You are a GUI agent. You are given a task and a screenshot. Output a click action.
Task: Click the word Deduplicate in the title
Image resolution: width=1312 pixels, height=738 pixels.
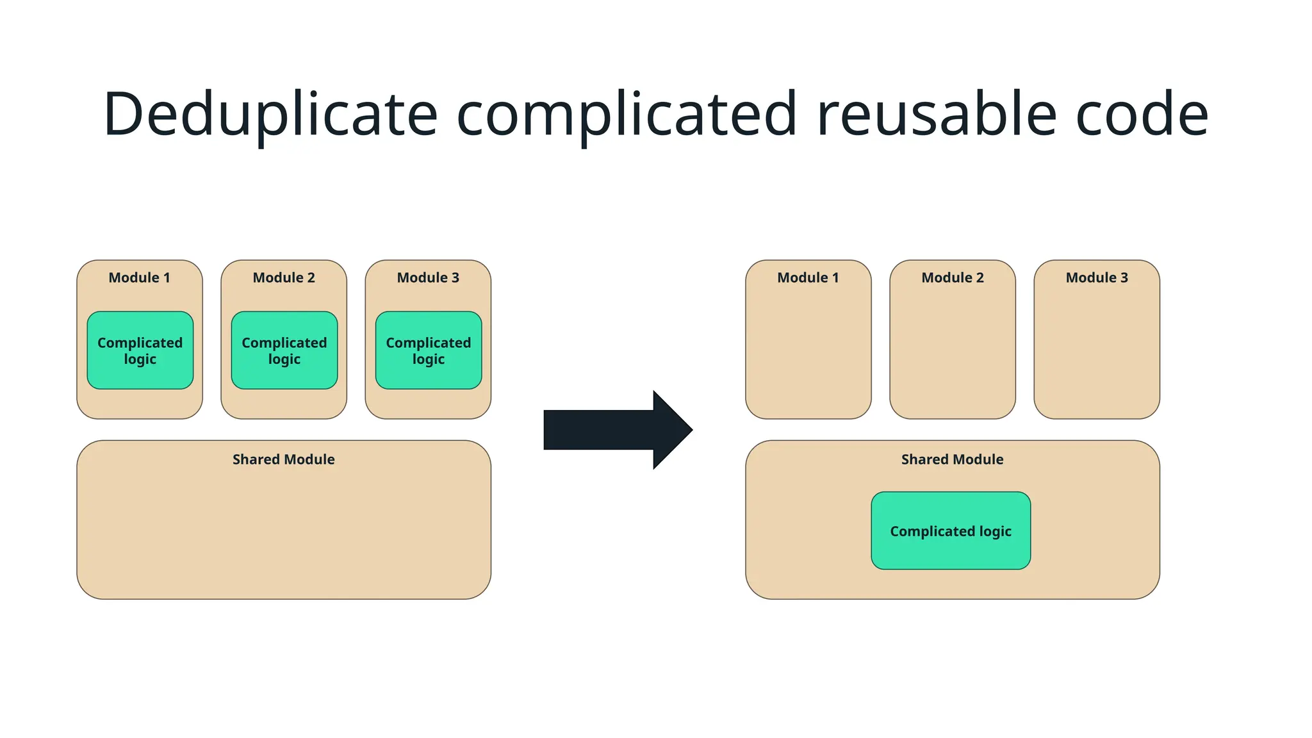[x=270, y=115]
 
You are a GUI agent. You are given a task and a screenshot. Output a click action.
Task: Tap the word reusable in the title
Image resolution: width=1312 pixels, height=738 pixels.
[x=936, y=115]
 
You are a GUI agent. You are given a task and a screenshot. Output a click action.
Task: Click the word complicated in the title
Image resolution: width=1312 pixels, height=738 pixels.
[x=626, y=115]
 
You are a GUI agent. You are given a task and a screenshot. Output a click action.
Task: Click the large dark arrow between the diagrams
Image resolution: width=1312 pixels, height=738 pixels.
[x=609, y=430]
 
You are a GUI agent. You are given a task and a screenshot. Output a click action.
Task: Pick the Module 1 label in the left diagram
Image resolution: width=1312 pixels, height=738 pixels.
[x=139, y=277]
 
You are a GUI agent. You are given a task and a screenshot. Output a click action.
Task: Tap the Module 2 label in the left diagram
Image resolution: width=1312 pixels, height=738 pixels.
[x=284, y=277]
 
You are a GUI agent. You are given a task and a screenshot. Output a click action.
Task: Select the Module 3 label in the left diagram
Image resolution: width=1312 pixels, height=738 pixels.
[x=428, y=277]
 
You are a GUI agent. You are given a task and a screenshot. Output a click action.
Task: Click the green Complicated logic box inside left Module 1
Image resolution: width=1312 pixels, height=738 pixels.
[x=140, y=350]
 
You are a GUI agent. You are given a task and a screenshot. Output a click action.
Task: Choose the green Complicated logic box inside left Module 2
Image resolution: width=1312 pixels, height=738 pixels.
[x=284, y=350]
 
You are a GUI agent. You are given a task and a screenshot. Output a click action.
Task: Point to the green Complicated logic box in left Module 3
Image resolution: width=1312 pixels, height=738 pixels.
[x=428, y=350]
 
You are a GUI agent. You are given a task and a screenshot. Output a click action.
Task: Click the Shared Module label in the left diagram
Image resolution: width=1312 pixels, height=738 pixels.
[x=283, y=459]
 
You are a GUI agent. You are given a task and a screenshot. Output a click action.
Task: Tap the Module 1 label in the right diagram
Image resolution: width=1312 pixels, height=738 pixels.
[x=808, y=277]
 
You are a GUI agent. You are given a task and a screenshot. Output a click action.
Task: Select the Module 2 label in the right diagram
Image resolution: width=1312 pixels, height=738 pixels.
[x=953, y=277]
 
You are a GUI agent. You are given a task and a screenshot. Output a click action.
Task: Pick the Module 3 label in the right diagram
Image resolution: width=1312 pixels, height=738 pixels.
[x=1097, y=277]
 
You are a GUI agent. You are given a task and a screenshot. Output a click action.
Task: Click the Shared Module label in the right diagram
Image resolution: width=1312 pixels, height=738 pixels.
[x=952, y=459]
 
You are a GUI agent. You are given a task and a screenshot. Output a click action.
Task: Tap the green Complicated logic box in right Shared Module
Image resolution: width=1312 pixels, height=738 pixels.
[x=951, y=530]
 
